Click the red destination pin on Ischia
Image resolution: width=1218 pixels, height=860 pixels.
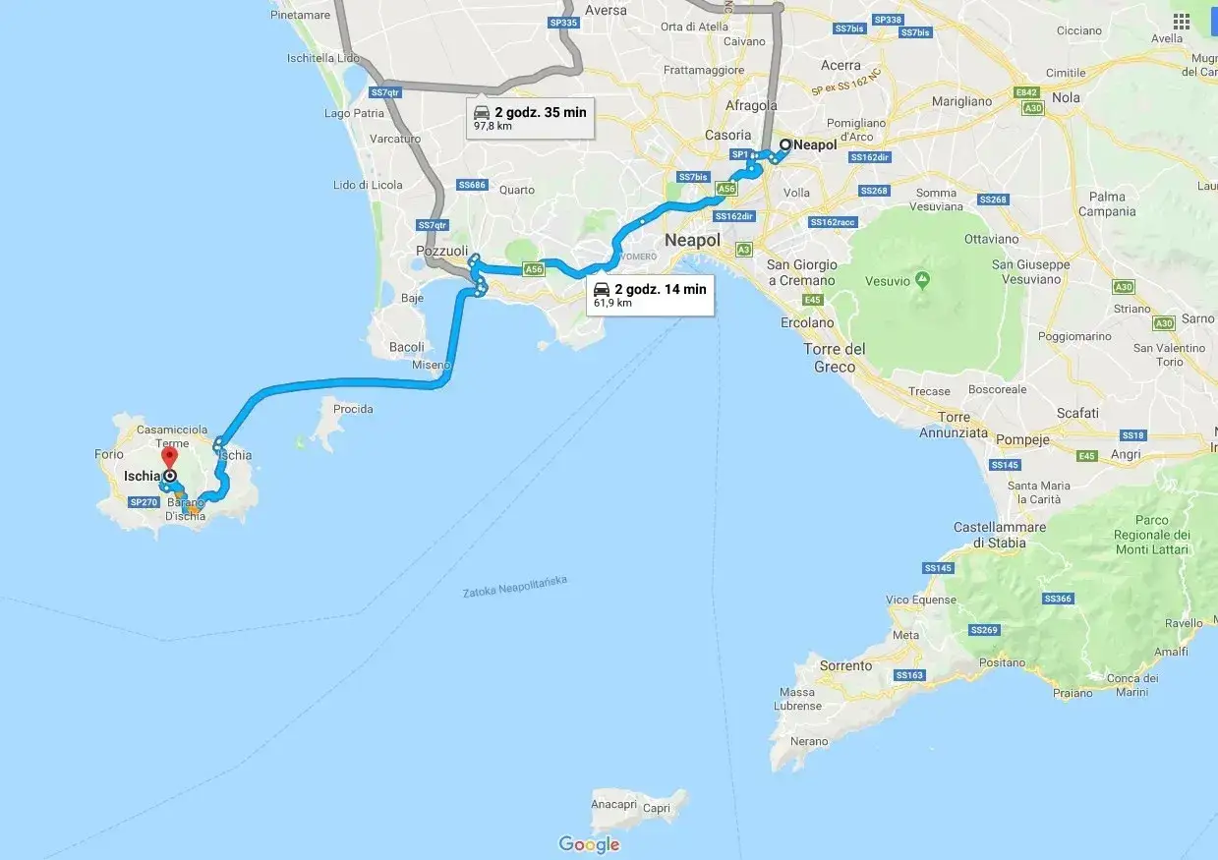(169, 457)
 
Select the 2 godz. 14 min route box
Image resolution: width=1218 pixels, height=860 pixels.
(650, 295)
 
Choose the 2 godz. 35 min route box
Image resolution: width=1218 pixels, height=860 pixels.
(530, 118)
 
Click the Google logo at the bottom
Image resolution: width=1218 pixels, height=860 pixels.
(589, 844)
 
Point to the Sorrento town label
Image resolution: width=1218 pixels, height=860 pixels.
(845, 665)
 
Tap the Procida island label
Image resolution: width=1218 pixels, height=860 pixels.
(353, 409)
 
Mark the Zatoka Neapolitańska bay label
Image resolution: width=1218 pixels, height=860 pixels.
(514, 587)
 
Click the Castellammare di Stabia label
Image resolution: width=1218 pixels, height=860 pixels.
(1000, 535)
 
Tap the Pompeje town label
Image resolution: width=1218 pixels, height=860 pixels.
(1023, 439)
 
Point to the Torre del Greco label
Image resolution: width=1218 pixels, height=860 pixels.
(835, 358)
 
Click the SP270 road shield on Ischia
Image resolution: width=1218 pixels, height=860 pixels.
(144, 501)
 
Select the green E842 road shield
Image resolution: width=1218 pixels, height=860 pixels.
(1027, 92)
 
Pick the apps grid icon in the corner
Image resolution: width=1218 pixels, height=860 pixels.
(1181, 22)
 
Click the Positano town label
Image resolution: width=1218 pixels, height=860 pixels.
(1002, 662)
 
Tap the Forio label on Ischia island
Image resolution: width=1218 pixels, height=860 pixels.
(109, 454)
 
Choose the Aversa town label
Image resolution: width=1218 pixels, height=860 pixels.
(606, 10)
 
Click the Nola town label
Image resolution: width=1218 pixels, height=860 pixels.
(1066, 97)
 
